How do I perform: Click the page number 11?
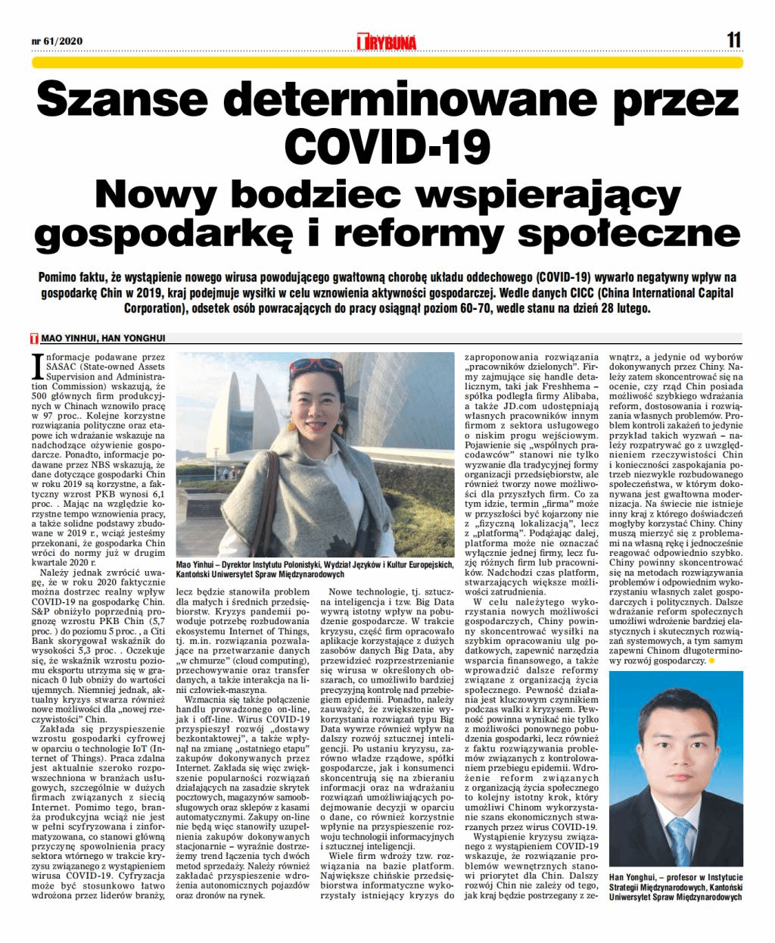pos(733,39)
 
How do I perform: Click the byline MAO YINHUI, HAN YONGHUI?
pos(103,339)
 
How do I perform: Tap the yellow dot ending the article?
pos(711,661)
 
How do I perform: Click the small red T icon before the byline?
pos(34,339)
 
